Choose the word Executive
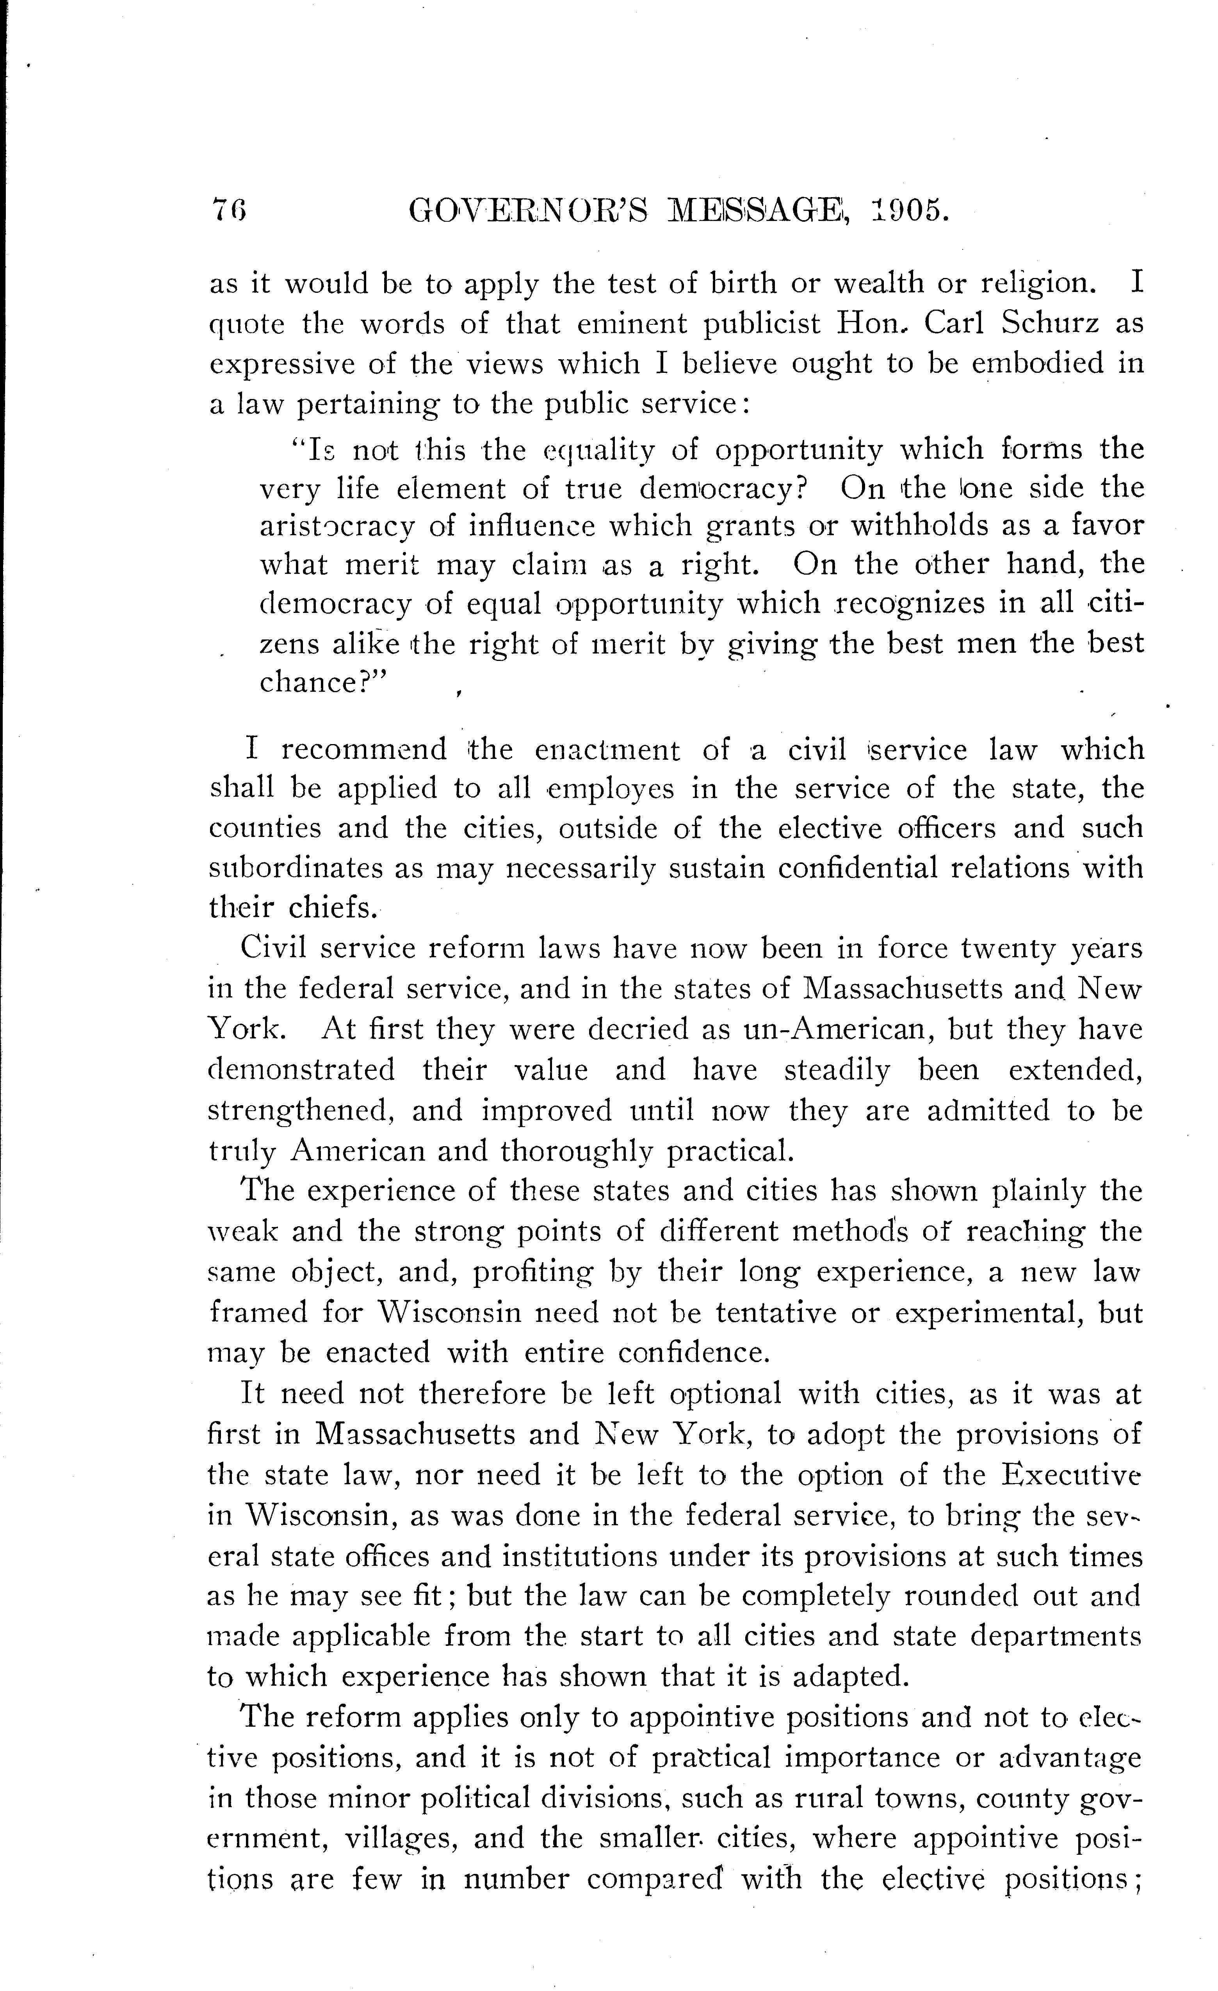[x=1071, y=1475]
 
